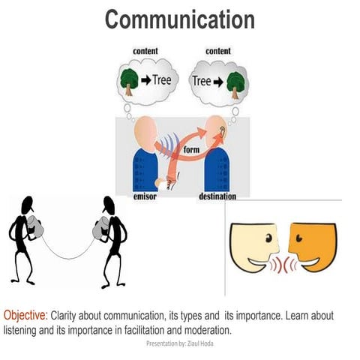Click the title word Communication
179,19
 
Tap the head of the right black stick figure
109,203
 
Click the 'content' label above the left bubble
145,51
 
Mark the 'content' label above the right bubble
217,51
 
